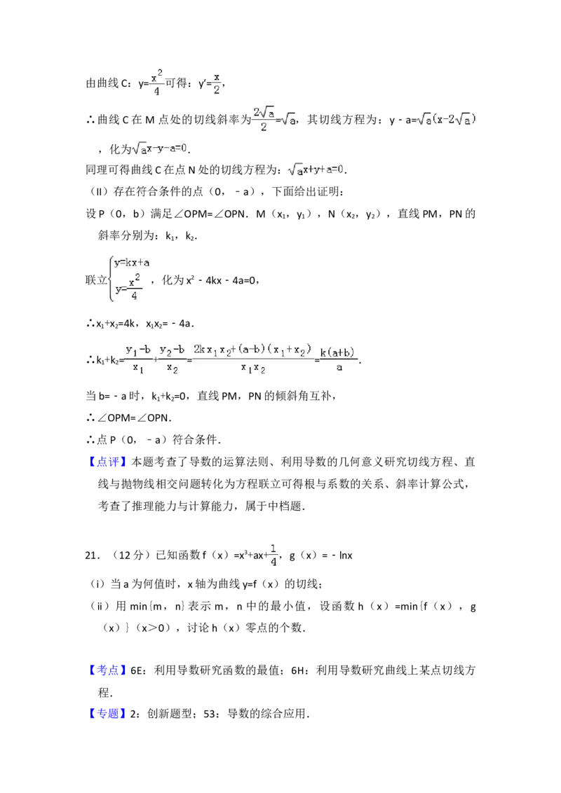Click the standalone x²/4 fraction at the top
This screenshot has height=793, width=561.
click(x=156, y=83)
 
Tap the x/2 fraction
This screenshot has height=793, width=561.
click(x=217, y=83)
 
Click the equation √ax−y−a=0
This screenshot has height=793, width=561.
click(x=160, y=149)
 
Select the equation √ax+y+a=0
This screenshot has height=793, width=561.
click(x=317, y=170)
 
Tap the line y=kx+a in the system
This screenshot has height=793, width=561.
click(x=133, y=263)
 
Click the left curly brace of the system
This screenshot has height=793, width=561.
click(x=111, y=277)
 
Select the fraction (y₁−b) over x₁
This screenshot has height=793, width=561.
click(x=138, y=359)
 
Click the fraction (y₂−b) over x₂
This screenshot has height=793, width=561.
click(x=172, y=359)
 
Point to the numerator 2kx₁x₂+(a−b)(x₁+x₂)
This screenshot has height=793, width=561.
click(x=252, y=349)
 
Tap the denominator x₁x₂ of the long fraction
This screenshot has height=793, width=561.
click(x=252, y=368)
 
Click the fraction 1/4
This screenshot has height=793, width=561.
click(x=273, y=555)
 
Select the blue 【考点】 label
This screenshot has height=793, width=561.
click(x=109, y=670)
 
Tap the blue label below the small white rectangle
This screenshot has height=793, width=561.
click(x=109, y=714)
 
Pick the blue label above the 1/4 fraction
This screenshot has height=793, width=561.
click(x=109, y=462)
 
